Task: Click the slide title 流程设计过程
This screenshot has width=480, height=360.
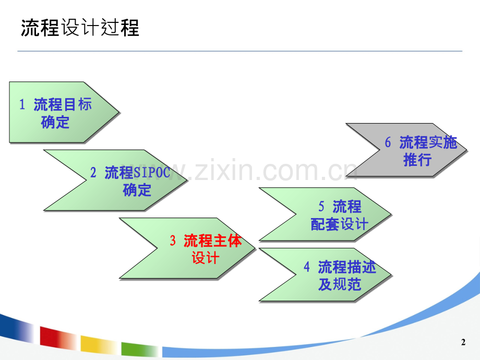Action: point(80,28)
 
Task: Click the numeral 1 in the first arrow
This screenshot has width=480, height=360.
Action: point(22,104)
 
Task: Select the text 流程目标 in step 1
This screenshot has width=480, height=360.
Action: point(63,104)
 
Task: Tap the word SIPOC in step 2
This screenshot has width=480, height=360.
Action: point(152,172)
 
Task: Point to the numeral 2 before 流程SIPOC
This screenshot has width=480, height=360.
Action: point(93,172)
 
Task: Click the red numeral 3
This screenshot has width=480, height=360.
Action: point(173,241)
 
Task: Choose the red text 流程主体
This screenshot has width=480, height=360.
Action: point(213,241)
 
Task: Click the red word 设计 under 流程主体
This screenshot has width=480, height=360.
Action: point(206,258)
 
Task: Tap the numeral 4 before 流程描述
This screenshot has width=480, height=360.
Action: point(307,267)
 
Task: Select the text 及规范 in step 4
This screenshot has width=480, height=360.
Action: point(340,285)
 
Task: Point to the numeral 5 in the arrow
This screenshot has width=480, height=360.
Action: point(321,207)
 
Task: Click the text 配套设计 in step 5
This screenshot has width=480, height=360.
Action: point(340,224)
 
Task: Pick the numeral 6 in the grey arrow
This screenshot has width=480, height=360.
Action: point(388,142)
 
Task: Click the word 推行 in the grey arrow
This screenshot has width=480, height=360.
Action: point(417,160)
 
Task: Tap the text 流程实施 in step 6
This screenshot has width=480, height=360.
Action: point(428,142)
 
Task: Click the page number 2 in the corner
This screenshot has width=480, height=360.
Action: point(463,343)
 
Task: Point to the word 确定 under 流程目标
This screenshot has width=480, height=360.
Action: point(55,123)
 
